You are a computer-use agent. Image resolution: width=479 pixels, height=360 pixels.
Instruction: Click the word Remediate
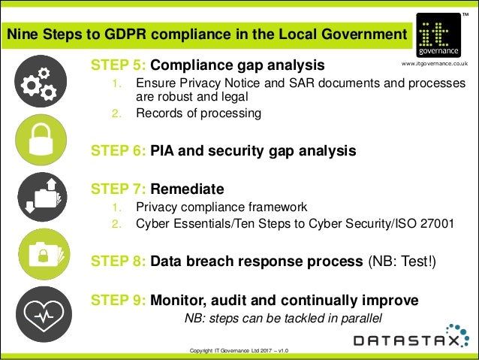click(x=187, y=188)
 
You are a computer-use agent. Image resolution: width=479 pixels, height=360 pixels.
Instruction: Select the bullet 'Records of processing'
click(x=198, y=114)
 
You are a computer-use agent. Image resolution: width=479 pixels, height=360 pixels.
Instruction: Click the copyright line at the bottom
click(x=239, y=351)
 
